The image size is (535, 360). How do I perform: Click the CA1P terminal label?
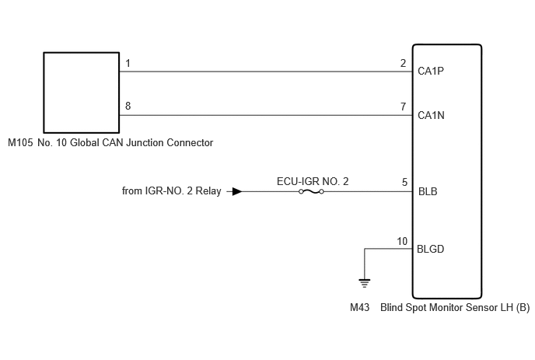431,71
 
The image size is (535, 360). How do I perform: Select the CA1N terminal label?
431,115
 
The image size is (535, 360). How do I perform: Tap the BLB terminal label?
428,191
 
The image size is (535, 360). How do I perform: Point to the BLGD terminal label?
430,249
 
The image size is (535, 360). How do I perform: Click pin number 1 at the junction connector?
128,63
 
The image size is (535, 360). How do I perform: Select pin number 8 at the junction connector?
128,106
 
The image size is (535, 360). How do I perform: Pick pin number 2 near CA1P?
404,63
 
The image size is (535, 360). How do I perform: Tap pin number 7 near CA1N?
404,107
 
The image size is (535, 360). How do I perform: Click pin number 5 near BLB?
404,182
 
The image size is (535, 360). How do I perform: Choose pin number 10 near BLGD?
402,241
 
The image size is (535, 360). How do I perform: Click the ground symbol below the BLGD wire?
365,283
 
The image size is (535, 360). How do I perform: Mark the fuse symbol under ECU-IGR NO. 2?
311,192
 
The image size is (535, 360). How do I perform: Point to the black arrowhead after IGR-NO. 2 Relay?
237,191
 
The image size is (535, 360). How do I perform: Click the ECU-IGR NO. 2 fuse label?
313,181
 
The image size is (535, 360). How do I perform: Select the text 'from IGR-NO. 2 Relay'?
172,190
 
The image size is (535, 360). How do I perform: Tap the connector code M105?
20,142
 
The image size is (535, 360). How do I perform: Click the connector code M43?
359,307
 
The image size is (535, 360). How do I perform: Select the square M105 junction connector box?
81,93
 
